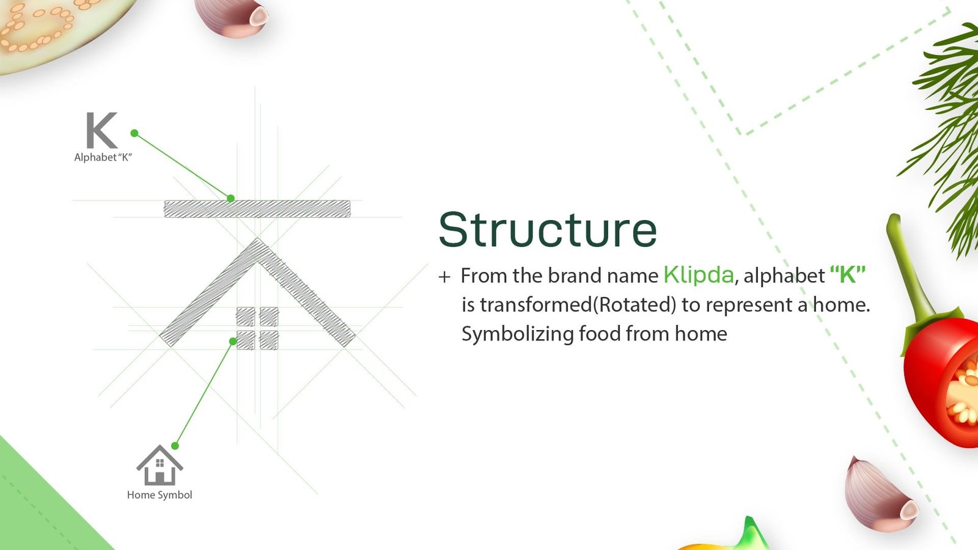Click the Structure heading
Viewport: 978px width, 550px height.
pyautogui.click(x=548, y=230)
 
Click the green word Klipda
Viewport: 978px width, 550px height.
pyautogui.click(x=699, y=275)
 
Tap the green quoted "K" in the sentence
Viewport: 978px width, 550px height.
pyautogui.click(x=847, y=275)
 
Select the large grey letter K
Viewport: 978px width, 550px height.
pyautogui.click(x=101, y=130)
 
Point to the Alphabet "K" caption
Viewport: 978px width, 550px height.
pyautogui.click(x=103, y=157)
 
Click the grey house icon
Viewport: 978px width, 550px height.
pyautogui.click(x=160, y=465)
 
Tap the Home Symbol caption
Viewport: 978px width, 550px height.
pyautogui.click(x=160, y=494)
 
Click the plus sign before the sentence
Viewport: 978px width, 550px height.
pyautogui.click(x=444, y=277)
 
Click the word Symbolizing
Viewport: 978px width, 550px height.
pyautogui.click(x=517, y=334)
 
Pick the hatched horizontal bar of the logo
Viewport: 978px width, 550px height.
pyautogui.click(x=257, y=208)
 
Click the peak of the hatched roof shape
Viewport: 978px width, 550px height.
pyautogui.click(x=257, y=240)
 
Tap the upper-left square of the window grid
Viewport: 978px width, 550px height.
pyautogui.click(x=246, y=317)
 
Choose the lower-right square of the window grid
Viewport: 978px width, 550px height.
pyautogui.click(x=269, y=340)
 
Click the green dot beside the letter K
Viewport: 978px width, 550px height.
pyautogui.click(x=134, y=133)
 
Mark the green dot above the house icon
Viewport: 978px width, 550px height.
pyautogui.click(x=175, y=446)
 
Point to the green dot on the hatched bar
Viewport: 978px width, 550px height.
pyautogui.click(x=231, y=199)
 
